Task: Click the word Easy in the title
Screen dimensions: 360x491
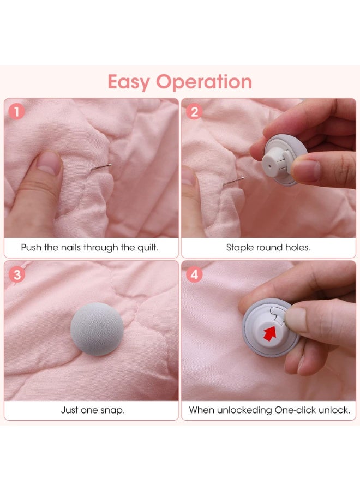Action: tap(129, 82)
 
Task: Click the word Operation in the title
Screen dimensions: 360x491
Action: tap(204, 82)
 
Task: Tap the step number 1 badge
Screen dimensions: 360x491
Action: tap(16, 112)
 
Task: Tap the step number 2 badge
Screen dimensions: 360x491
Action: tap(194, 112)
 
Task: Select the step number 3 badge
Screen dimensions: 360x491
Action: tap(17, 274)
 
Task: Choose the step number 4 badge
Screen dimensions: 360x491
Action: tap(194, 274)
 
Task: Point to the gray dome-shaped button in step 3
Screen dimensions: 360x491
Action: tap(97, 329)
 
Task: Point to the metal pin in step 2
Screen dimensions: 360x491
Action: tap(234, 181)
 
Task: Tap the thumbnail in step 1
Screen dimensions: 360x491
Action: tap(48, 163)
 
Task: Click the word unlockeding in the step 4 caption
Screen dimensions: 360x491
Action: tap(244, 410)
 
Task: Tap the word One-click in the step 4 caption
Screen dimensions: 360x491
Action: tap(295, 410)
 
